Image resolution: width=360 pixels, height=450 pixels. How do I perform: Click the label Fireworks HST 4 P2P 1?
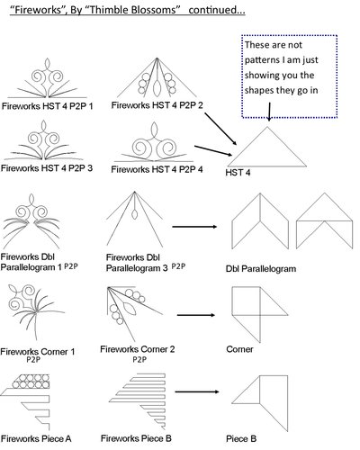coord(48,106)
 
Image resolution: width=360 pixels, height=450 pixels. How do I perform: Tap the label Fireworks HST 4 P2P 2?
coord(157,105)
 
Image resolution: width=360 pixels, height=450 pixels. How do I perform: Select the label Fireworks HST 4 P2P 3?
coord(47,168)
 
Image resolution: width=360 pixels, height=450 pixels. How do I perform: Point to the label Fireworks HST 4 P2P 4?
coord(157,169)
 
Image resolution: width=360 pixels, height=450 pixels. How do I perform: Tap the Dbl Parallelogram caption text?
coord(261,268)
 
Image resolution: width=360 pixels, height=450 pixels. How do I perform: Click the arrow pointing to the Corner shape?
coord(196,315)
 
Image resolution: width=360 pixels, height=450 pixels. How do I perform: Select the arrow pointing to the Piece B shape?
coord(197,391)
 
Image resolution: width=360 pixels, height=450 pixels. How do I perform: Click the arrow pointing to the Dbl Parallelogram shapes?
coord(194,227)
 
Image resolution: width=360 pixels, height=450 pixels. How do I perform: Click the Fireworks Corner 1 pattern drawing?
coord(36,312)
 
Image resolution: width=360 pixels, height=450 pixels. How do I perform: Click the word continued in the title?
coord(217,10)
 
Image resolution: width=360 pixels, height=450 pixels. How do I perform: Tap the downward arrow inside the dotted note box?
coord(269,112)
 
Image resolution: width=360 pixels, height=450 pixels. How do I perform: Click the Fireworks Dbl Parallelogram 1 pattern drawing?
coord(31,221)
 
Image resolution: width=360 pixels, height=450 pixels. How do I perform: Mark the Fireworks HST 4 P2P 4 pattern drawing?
coord(154,142)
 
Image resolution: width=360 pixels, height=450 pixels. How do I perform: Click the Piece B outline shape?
coord(260,403)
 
